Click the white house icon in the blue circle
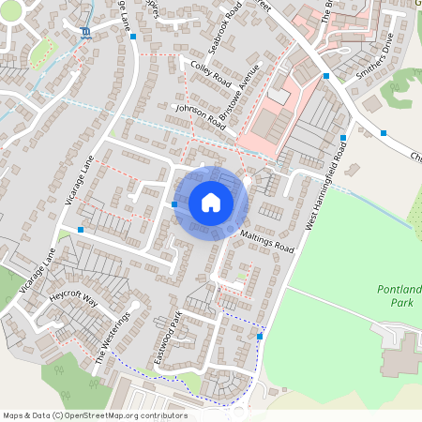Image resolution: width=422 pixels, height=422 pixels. [x=211, y=202]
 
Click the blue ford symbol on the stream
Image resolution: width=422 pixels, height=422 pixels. [x=86, y=33]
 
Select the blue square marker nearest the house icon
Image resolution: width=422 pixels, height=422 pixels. [x=175, y=203]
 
